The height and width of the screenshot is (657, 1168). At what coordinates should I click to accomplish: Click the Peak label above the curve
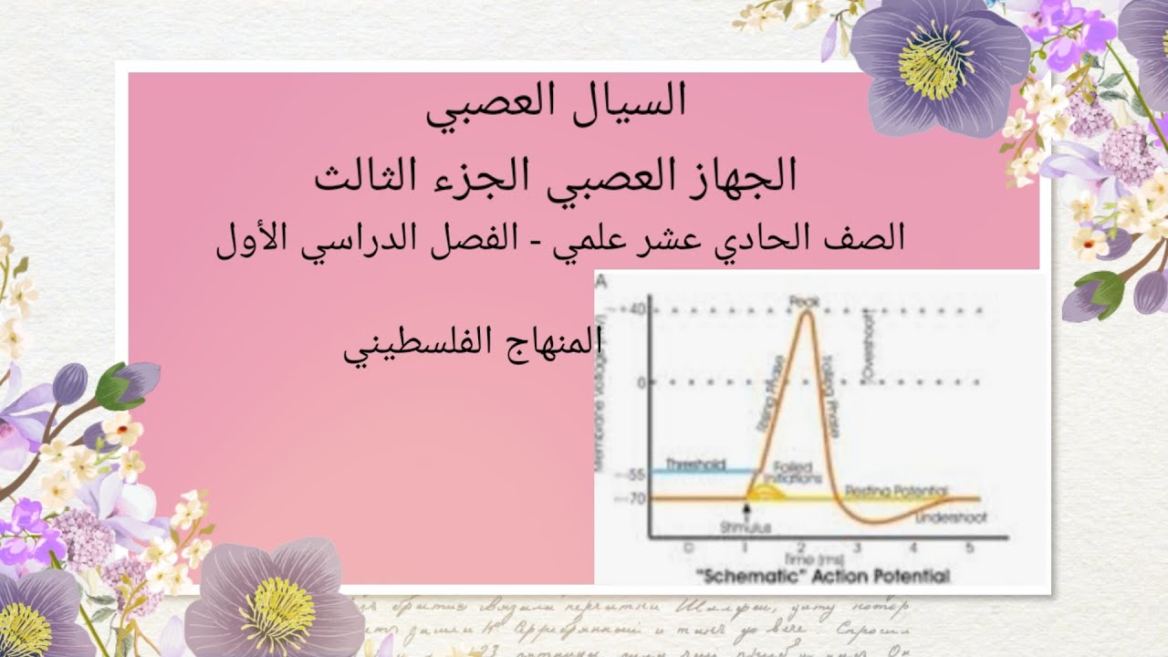pyautogui.click(x=806, y=300)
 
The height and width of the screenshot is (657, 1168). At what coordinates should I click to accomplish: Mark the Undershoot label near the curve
pyautogui.click(x=950, y=517)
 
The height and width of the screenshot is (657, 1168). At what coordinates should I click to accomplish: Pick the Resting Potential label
pyautogui.click(x=895, y=491)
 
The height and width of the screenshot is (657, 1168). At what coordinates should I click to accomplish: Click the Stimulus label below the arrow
pyautogui.click(x=746, y=527)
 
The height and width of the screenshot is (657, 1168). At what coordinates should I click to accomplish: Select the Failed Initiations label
pyautogui.click(x=787, y=472)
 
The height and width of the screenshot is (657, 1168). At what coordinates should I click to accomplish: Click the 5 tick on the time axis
pyautogui.click(x=969, y=547)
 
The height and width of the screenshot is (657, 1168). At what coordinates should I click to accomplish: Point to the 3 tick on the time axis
pyautogui.click(x=859, y=547)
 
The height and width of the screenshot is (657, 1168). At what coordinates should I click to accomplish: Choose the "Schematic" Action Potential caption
pyautogui.click(x=822, y=576)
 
